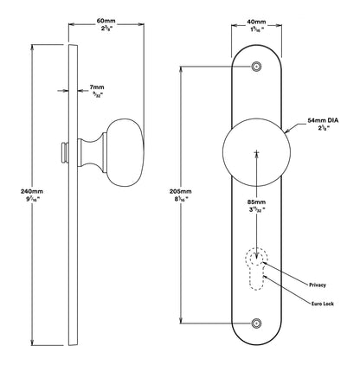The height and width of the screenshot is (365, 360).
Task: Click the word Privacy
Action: point(318,284)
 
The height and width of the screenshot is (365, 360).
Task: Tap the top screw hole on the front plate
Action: point(257,67)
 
